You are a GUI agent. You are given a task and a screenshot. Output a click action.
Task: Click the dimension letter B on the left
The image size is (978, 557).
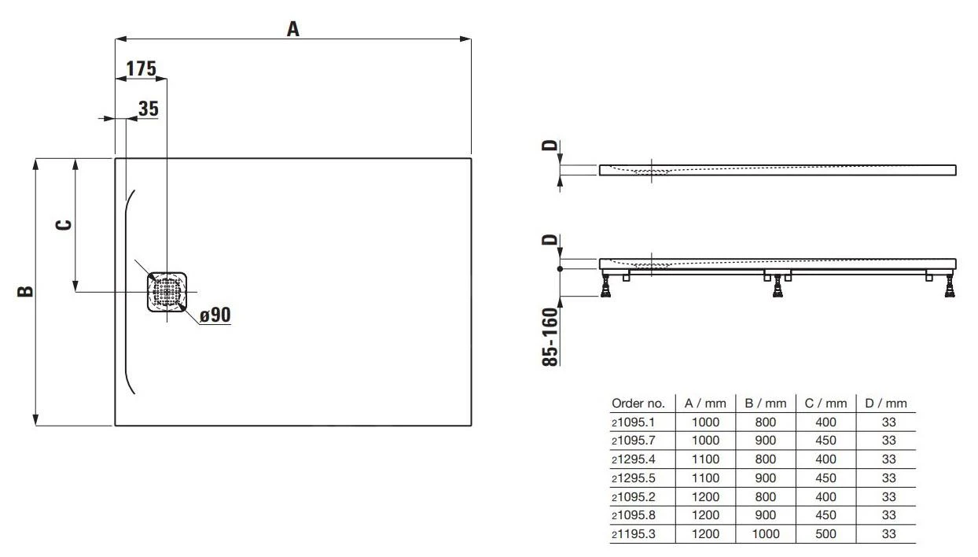26,291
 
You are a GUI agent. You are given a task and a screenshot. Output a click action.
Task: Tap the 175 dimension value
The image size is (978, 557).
141,69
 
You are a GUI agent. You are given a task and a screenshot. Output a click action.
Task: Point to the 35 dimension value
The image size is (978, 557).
148,109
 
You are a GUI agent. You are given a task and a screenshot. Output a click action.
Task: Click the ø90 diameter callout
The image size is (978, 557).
215,315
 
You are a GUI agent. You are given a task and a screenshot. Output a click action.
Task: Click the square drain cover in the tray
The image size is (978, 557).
167,292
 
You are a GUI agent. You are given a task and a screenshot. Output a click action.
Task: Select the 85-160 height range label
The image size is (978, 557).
551,336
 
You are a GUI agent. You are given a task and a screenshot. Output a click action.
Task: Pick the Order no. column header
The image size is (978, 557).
638,403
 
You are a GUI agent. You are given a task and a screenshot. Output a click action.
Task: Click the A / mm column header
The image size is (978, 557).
705,403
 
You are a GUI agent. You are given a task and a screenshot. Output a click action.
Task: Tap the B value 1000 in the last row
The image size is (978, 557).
765,533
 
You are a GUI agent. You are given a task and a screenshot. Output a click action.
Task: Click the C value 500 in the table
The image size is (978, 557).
825,533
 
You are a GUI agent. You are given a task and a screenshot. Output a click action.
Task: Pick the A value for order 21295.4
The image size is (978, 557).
705,459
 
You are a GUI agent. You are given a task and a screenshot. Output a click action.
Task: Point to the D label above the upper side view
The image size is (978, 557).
551,145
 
